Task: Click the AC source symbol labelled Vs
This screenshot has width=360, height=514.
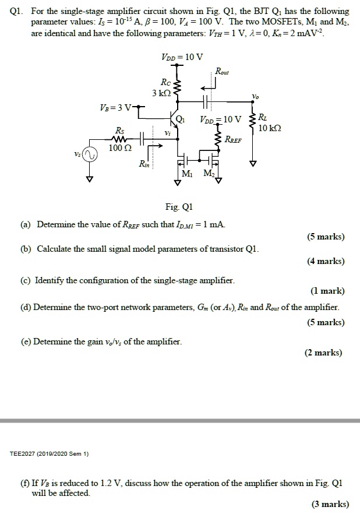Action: pos(89,155)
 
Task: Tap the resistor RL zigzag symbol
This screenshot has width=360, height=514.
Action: pos(252,122)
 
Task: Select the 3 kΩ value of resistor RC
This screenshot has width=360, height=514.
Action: pos(161,93)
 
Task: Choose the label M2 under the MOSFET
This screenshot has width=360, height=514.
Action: pos(208,174)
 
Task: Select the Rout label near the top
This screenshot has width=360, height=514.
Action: pos(222,72)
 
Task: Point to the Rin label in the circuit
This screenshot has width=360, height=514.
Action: pos(144,166)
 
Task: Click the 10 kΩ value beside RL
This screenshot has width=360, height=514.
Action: pos(270,128)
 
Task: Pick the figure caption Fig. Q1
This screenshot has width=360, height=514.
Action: pos(179,207)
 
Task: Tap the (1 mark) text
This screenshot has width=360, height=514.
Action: pos(328,291)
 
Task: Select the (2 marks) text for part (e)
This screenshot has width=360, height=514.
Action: pos(324,353)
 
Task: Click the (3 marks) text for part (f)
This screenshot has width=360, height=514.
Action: pos(330,504)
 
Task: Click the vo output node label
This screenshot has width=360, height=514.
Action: pos(253,96)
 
